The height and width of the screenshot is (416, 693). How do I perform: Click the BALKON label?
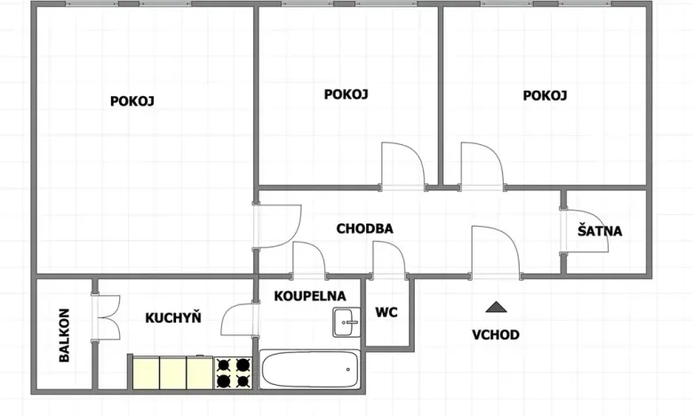(x=65, y=335)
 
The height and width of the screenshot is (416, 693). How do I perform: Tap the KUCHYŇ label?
(x=173, y=317)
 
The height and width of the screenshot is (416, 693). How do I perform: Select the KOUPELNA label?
(x=310, y=295)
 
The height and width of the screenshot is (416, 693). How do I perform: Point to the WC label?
(x=386, y=312)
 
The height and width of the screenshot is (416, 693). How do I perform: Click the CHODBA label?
(x=364, y=228)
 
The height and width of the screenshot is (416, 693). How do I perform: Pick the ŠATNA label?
(x=600, y=231)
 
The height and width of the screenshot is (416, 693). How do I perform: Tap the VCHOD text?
(x=495, y=335)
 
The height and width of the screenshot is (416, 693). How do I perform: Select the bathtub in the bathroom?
(x=310, y=368)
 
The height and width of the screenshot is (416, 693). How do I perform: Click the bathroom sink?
(x=346, y=322)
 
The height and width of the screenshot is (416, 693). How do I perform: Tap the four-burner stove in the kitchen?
(x=233, y=372)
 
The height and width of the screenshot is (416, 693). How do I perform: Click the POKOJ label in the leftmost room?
(x=132, y=101)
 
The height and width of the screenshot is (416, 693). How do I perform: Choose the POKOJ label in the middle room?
(x=346, y=94)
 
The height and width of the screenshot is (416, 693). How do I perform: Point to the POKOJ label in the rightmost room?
(x=545, y=96)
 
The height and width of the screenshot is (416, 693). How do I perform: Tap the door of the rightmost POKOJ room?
(x=482, y=166)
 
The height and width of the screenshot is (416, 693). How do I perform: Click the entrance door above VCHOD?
(x=495, y=253)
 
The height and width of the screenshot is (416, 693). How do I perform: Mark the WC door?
(x=388, y=260)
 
